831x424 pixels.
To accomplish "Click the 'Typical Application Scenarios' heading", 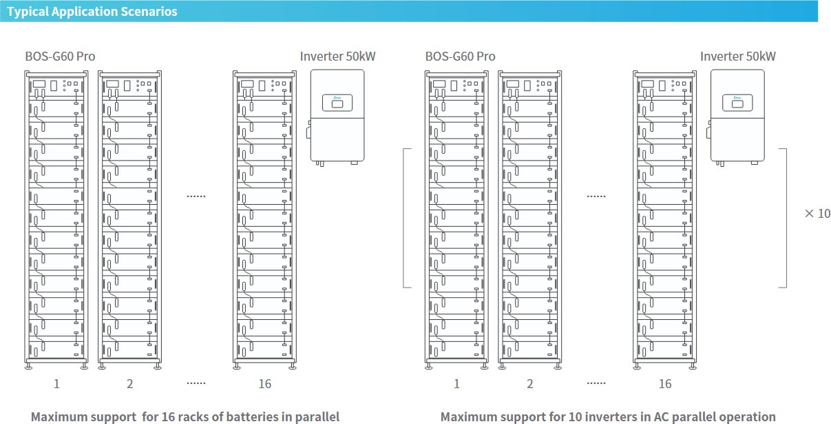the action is click(x=92, y=11).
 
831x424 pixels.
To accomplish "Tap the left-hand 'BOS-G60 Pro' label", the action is click(x=60, y=57).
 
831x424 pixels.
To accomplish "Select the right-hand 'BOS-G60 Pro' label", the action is click(x=460, y=57).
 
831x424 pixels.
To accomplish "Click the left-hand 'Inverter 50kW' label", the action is click(x=337, y=57).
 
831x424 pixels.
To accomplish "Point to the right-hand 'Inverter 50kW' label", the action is click(x=738, y=57).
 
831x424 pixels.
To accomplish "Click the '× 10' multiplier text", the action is click(x=818, y=213).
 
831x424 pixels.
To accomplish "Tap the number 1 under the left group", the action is click(x=56, y=383).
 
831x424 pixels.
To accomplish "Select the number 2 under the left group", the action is click(x=129, y=383).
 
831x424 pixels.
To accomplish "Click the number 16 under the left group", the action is click(x=265, y=383).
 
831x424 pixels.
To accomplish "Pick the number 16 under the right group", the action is click(x=665, y=383).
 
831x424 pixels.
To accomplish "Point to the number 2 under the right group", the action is click(x=529, y=383).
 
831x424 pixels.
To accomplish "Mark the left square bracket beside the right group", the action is click(x=403, y=218).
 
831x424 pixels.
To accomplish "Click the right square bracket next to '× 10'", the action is click(x=786, y=218).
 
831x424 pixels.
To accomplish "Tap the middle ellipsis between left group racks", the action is click(x=196, y=196).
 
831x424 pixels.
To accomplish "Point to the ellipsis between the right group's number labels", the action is click(x=596, y=383).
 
